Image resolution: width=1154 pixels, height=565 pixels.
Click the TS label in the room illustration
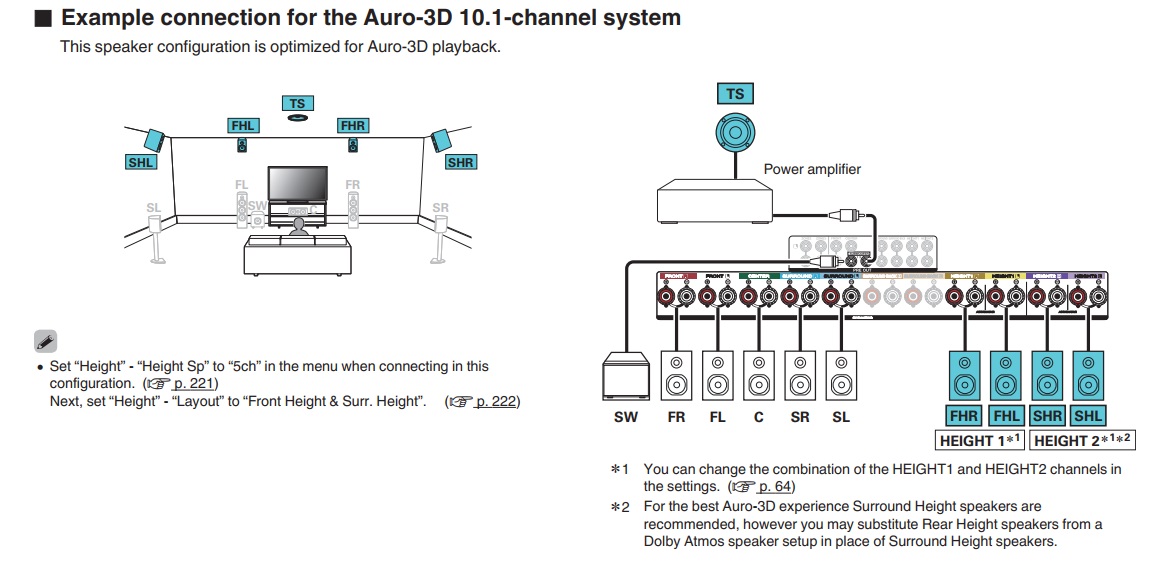tap(297, 103)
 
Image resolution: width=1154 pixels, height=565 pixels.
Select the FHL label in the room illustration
tap(243, 126)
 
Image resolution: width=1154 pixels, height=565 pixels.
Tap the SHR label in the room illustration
tap(460, 162)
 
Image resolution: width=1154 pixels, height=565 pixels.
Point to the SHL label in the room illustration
tap(141, 162)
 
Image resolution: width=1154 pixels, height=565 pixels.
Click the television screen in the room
tap(297, 184)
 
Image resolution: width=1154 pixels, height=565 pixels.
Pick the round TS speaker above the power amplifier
tap(735, 132)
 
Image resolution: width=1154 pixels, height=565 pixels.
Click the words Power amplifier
tap(811, 169)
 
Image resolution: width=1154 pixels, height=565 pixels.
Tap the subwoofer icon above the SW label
tap(625, 376)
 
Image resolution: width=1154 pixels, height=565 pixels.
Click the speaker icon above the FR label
tap(676, 375)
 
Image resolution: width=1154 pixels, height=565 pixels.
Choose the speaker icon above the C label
tap(759, 375)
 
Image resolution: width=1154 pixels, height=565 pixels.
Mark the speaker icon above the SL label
tap(841, 375)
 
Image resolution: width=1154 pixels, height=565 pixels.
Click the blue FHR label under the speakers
tap(964, 416)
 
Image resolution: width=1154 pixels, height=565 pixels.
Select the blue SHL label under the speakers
tap(1088, 416)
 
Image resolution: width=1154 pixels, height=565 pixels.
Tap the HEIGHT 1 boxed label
tap(980, 440)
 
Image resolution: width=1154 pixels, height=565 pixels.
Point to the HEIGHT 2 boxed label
tap(1082, 440)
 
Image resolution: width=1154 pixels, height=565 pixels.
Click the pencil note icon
tap(46, 341)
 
